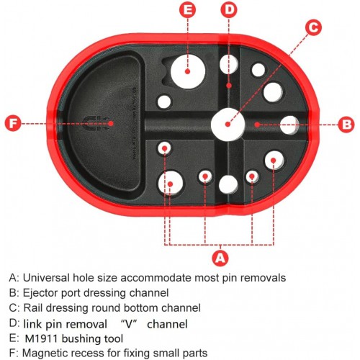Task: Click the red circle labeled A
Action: coord(220,258)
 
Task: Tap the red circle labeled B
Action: coord(346,125)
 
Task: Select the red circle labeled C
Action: coord(313,27)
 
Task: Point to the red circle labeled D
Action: coord(229,9)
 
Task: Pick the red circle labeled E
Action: coord(188,9)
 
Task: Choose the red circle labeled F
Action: coord(14,123)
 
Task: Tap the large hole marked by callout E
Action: coord(188,71)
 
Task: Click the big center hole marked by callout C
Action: coord(228,125)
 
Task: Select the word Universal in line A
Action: coord(46,278)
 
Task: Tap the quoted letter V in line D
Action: coord(129,324)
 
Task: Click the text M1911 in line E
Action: coord(41,338)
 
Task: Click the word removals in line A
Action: coord(264,278)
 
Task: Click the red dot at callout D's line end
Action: coord(230,85)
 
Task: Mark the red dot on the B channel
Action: coord(257,125)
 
